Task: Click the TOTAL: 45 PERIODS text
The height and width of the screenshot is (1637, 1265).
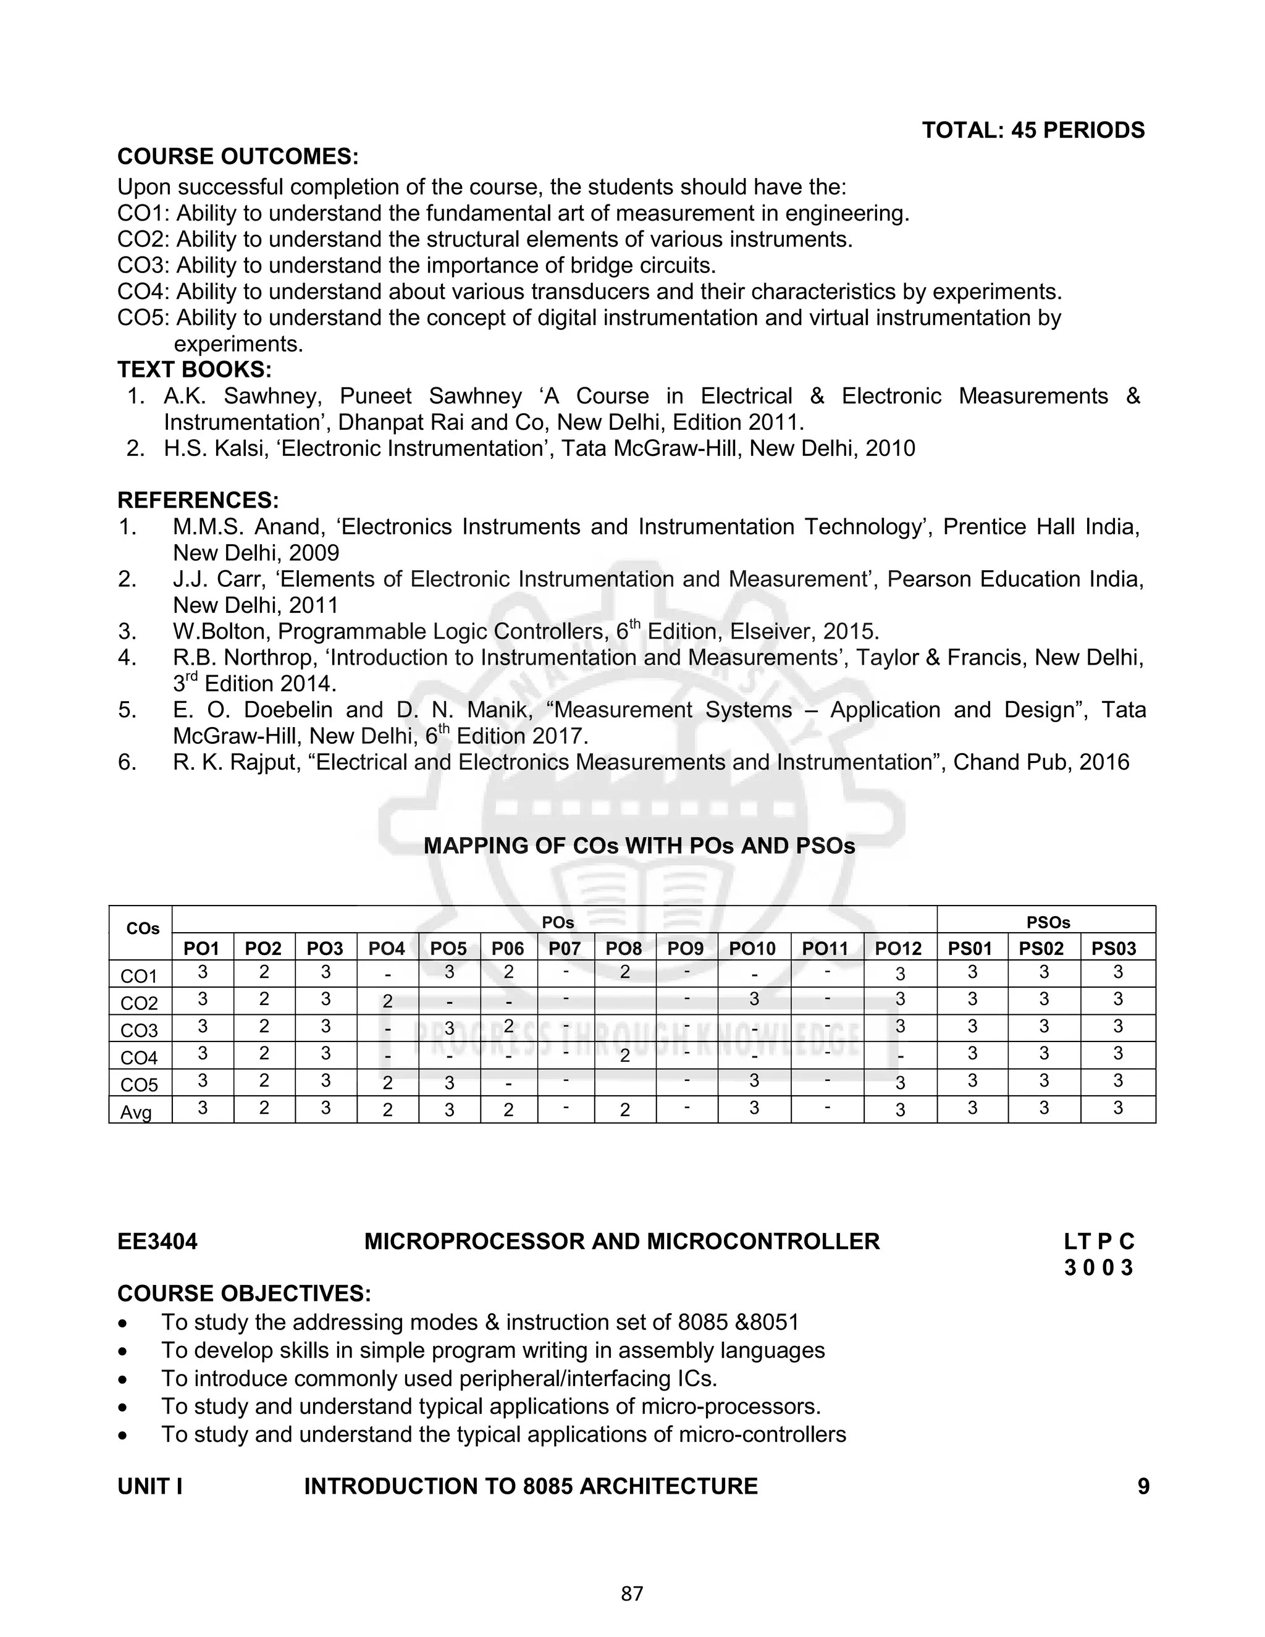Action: click(x=1033, y=130)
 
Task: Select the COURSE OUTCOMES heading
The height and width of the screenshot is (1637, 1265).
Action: click(x=238, y=157)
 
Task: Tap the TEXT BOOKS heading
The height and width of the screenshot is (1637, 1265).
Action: click(x=194, y=369)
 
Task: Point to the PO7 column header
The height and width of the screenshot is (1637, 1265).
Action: click(x=565, y=948)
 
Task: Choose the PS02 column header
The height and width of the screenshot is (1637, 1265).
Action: click(x=1041, y=948)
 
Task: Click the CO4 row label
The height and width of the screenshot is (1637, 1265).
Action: click(x=140, y=1058)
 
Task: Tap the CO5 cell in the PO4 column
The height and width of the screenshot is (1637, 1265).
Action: click(x=387, y=1082)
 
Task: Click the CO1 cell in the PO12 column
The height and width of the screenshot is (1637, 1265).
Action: click(x=900, y=974)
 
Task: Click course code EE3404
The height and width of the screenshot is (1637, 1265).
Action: click(x=158, y=1241)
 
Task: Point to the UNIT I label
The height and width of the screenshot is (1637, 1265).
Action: click(x=150, y=1486)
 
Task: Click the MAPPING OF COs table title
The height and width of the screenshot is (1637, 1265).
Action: click(x=639, y=846)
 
